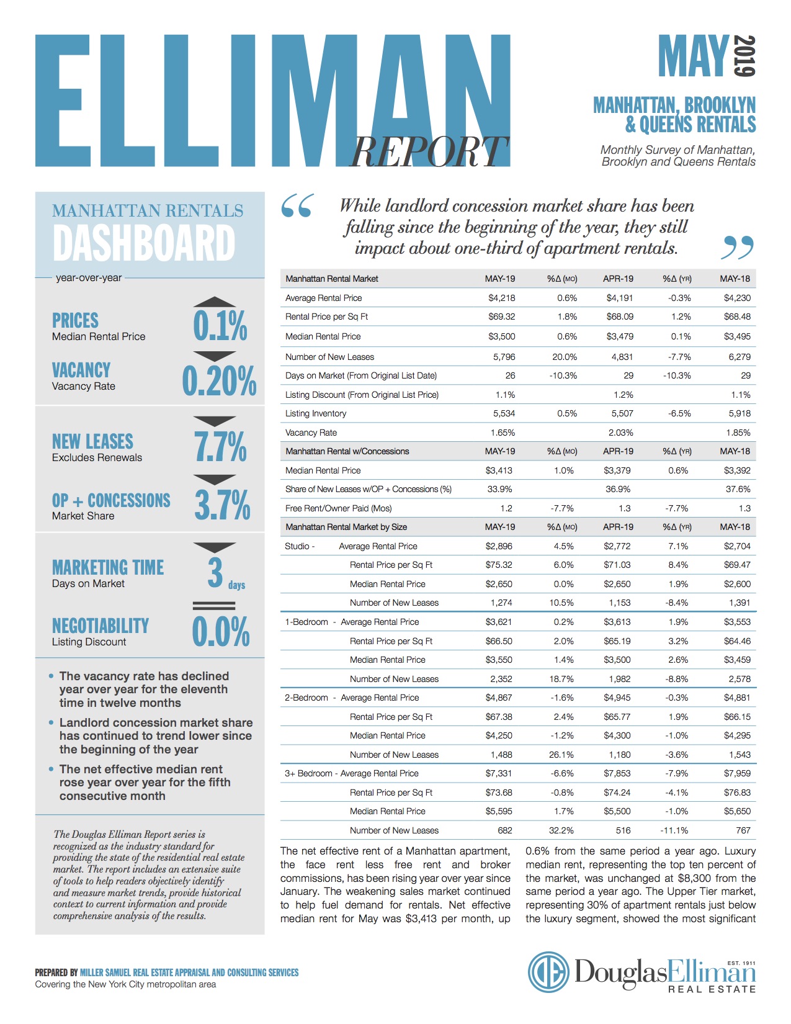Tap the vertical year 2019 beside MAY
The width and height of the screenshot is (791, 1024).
[x=744, y=56]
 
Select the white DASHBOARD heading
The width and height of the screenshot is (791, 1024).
[x=144, y=243]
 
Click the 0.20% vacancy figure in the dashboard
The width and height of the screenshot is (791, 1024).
[x=219, y=381]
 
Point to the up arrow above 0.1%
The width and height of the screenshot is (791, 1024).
[x=214, y=302]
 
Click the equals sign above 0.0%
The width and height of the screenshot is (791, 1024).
[x=214, y=606]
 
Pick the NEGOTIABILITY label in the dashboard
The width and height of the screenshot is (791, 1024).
[x=101, y=626]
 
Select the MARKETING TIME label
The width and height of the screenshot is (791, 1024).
[x=108, y=567]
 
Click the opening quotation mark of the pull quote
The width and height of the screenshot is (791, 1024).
[x=297, y=206]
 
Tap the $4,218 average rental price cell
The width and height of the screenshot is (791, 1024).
[x=501, y=298]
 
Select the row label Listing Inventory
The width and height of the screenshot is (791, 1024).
[x=316, y=413]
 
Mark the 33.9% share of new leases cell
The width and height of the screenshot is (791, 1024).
[x=500, y=489]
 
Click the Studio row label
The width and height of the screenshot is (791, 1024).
[x=298, y=546]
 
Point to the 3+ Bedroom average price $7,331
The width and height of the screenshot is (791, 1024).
[x=499, y=773]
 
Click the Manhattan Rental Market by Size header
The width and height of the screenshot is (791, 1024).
[x=346, y=527]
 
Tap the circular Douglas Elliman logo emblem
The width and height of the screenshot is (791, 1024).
[x=548, y=972]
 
